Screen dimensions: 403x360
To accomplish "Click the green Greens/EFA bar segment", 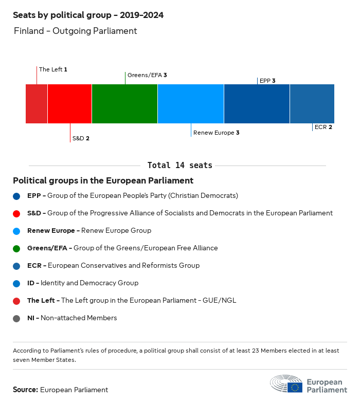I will (x=124, y=104).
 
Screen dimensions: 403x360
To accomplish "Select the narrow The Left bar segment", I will (x=37, y=104).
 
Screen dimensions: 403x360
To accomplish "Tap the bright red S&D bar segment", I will (x=69, y=104).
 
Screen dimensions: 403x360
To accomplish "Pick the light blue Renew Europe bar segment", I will (x=191, y=104).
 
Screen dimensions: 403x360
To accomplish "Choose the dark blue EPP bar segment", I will (x=257, y=104).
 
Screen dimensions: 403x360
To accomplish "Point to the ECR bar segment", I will (x=312, y=104).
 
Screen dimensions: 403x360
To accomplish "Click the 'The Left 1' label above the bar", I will (x=53, y=69).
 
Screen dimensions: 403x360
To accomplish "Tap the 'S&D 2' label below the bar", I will (x=81, y=138).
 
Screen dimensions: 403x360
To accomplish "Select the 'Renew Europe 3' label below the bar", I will (x=216, y=133).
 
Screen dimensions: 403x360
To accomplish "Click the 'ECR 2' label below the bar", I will (x=323, y=127).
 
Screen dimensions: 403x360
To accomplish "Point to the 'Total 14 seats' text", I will (x=179, y=166).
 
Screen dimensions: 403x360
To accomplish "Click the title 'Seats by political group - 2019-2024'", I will (x=88, y=15).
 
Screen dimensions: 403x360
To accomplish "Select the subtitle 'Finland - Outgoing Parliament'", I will (x=76, y=31).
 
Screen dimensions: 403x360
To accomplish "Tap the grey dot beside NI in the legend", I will (x=17, y=318).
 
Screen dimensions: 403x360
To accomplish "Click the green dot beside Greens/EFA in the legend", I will (x=17, y=248).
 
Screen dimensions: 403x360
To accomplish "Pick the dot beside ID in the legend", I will (x=17, y=283).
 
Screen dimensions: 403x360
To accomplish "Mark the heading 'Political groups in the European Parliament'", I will (x=103, y=181).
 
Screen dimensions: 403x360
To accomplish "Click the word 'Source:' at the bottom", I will (x=25, y=390).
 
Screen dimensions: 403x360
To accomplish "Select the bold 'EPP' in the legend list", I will (x=34, y=196).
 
